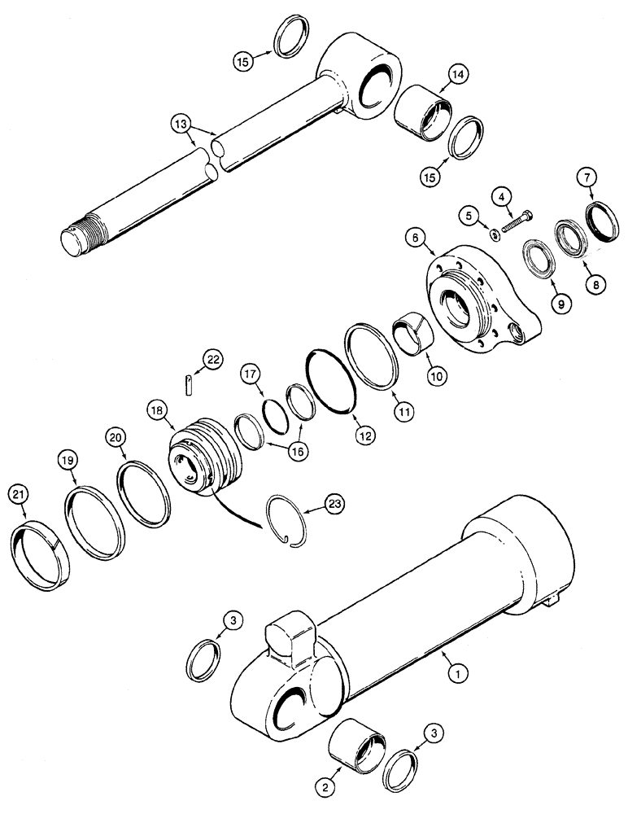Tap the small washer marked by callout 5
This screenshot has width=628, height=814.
(495, 234)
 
